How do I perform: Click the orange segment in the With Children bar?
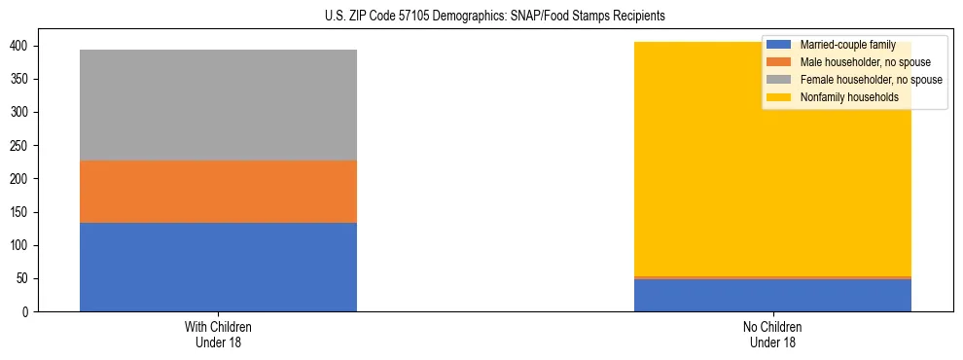[x=218, y=192]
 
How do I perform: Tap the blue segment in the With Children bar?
[x=218, y=267]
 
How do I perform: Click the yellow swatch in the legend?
[x=778, y=97]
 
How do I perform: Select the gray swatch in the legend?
[x=778, y=80]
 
